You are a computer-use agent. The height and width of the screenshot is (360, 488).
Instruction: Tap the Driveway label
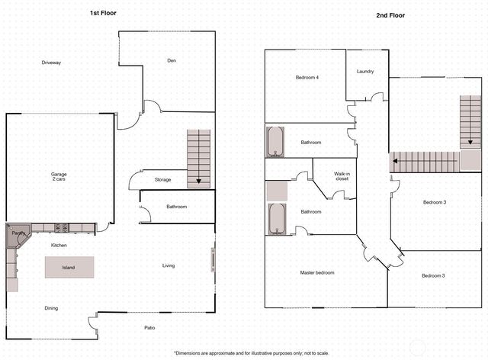click(x=51, y=63)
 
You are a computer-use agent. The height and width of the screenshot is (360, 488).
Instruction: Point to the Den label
click(x=172, y=61)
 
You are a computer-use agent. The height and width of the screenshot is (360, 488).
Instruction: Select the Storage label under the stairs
click(x=162, y=180)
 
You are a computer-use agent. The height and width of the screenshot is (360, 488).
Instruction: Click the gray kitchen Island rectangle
click(x=69, y=267)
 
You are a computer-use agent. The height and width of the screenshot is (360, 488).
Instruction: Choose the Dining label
click(x=51, y=308)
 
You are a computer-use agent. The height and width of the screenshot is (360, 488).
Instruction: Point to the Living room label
click(x=169, y=265)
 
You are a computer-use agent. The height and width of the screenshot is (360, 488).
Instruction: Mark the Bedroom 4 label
click(x=307, y=78)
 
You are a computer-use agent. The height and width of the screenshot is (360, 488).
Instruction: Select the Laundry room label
click(x=364, y=72)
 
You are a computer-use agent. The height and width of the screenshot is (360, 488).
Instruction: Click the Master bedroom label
click(x=317, y=272)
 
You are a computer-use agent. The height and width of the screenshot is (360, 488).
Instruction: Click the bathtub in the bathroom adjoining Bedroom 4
click(x=275, y=141)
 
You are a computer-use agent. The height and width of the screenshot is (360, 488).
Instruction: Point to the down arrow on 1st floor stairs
click(x=198, y=180)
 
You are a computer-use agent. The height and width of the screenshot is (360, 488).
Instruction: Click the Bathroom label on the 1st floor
click(x=176, y=207)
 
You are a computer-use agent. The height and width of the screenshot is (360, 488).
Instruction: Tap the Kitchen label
click(x=59, y=246)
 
